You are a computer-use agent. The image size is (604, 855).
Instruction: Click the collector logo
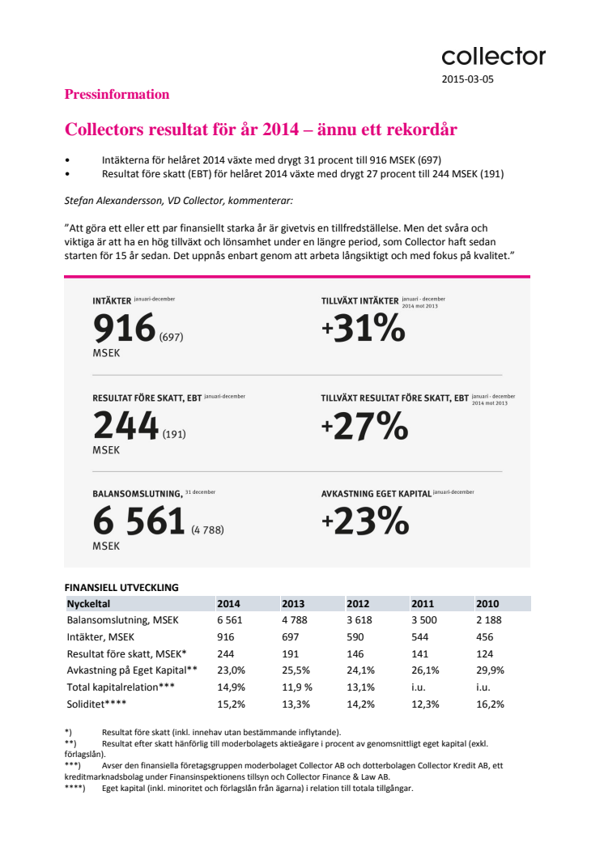(493, 56)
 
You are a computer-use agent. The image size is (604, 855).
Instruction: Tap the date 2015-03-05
(468, 79)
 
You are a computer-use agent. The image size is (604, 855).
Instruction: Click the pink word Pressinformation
(117, 95)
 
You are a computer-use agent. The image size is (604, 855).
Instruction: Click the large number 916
(125, 327)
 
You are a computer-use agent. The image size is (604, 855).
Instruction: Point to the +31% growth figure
(363, 328)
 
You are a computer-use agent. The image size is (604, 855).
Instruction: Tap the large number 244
(126, 425)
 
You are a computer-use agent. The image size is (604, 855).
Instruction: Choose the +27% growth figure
(364, 426)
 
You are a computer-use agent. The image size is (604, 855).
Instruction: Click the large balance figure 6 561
(139, 521)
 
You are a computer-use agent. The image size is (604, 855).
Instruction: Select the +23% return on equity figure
(365, 521)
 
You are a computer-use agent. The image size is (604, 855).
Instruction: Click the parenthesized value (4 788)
(208, 530)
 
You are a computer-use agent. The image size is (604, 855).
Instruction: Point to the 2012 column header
(358, 604)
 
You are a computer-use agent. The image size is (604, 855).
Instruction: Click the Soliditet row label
(96, 704)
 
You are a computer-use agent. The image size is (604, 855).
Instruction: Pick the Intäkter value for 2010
(485, 637)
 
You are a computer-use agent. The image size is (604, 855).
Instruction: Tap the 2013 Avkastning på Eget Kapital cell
(296, 670)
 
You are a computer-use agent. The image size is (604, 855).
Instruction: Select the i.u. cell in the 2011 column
(418, 687)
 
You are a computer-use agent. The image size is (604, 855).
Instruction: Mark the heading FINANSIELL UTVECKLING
(121, 587)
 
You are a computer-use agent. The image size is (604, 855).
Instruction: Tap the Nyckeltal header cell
(88, 604)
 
